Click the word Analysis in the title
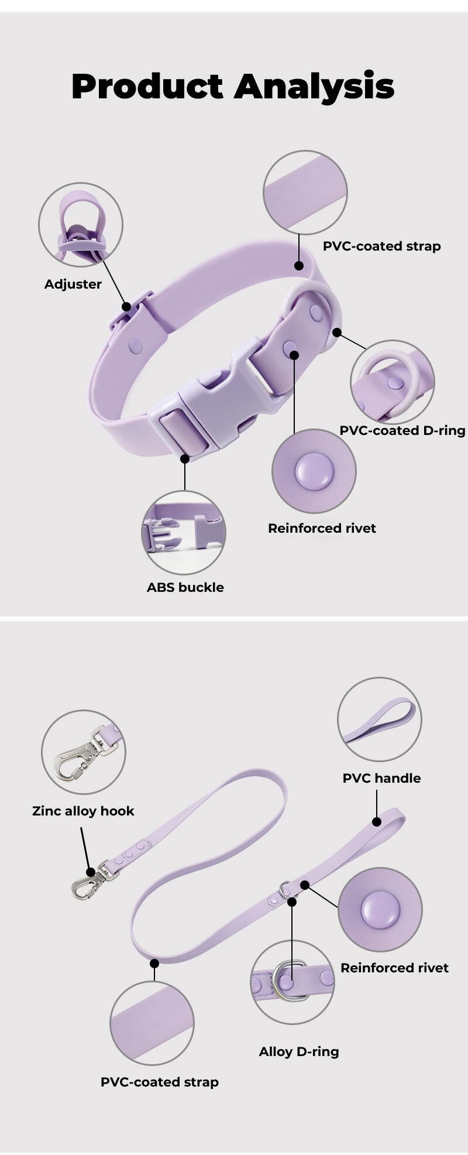(314, 87)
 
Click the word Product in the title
(147, 87)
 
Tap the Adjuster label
(73, 285)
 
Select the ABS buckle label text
(185, 588)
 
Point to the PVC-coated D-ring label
(402, 431)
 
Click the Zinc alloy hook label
(83, 811)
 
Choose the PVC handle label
(381, 779)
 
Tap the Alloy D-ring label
(299, 1052)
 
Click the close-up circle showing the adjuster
(81, 225)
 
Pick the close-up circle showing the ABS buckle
(184, 533)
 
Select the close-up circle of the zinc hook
(84, 753)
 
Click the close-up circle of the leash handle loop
(380, 719)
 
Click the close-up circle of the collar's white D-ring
(393, 382)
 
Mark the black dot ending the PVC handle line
(377, 822)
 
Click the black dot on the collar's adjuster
(126, 306)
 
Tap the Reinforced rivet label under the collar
(322, 529)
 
